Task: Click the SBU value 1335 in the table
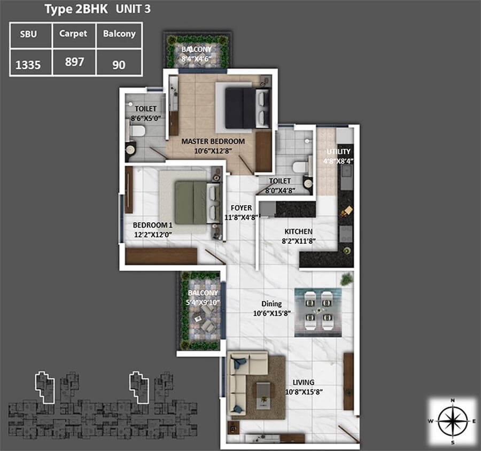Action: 28,65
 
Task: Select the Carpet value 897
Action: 74,62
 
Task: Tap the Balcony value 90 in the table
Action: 119,65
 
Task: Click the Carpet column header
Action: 73,34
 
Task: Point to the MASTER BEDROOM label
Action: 213,142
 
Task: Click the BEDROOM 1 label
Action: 152,225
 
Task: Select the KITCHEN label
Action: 298,231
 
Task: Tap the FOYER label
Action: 242,208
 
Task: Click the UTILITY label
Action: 338,152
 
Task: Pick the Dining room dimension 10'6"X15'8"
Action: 272,313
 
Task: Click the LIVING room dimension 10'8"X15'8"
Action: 304,392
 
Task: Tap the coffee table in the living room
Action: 263,396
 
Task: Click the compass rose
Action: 453,421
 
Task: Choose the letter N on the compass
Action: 453,400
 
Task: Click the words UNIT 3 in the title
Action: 133,9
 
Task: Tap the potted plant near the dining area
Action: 346,279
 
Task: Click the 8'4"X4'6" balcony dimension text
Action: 197,59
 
